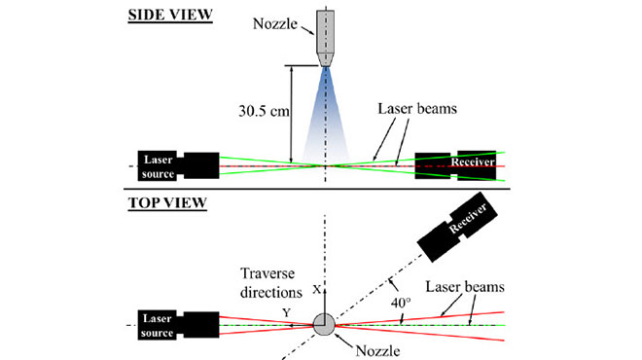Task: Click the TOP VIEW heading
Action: point(167,203)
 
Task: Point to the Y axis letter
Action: point(286,311)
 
